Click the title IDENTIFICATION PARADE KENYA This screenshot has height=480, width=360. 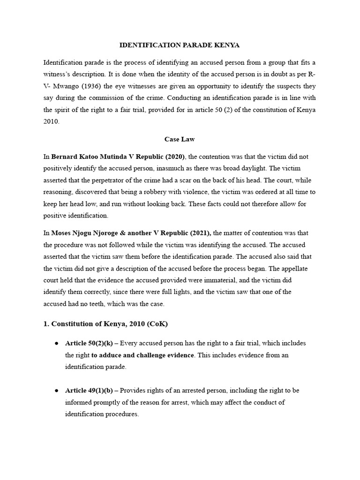tap(180, 45)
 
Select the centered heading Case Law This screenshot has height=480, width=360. tap(180, 139)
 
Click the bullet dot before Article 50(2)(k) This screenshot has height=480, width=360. tap(56, 343)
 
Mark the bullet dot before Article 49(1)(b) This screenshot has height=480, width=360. tap(56, 390)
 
